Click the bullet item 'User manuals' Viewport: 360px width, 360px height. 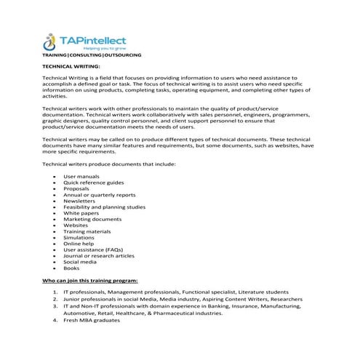(81, 176)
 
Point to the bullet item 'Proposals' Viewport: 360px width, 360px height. (76, 188)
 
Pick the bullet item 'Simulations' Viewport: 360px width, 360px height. (79, 237)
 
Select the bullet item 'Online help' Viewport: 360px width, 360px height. (79, 243)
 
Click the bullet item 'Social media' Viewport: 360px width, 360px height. (80, 261)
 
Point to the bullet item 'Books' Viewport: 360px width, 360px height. (71, 268)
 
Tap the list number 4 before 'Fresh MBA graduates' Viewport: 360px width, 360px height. (55, 319)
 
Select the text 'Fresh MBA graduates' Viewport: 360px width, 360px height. (92, 319)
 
